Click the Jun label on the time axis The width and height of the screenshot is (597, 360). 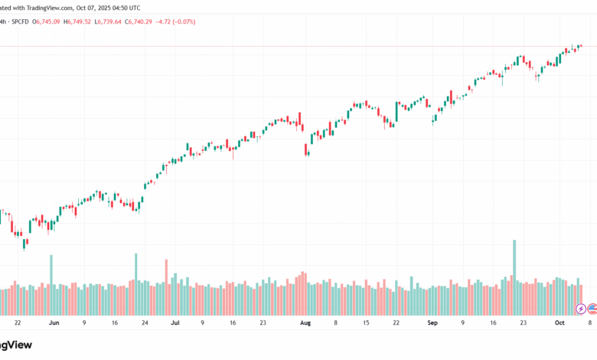click(x=54, y=324)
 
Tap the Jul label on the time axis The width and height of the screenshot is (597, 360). click(x=175, y=324)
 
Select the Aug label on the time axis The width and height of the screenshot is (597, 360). click(x=306, y=324)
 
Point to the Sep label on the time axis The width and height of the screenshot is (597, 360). click(x=433, y=324)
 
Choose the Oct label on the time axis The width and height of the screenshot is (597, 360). click(x=559, y=324)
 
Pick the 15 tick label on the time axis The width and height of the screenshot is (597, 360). click(x=366, y=324)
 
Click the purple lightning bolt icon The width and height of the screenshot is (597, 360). click(x=582, y=309)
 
